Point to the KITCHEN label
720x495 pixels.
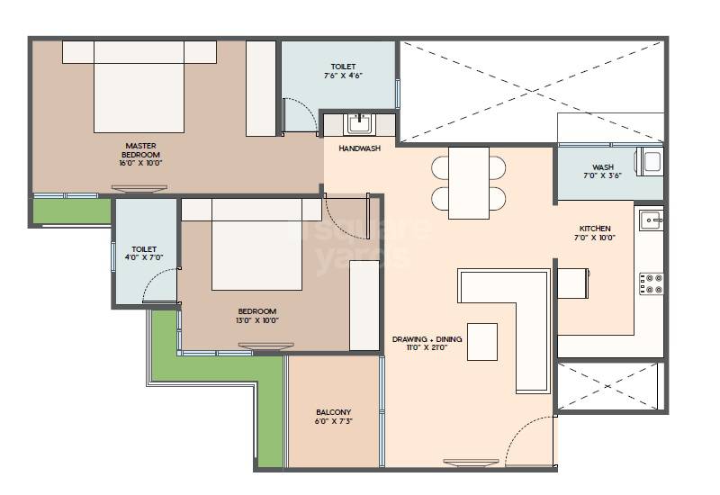click(x=595, y=229)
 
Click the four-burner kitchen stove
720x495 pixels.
click(x=651, y=283)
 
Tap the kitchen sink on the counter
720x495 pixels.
click(x=651, y=219)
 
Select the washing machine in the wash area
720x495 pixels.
click(x=650, y=161)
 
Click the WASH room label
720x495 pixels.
click(x=603, y=167)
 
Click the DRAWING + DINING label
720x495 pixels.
click(x=427, y=339)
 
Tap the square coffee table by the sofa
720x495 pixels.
click(x=481, y=341)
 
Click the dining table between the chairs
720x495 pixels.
click(x=468, y=183)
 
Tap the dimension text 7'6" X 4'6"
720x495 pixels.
click(x=342, y=76)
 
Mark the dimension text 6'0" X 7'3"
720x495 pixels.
click(x=333, y=420)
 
